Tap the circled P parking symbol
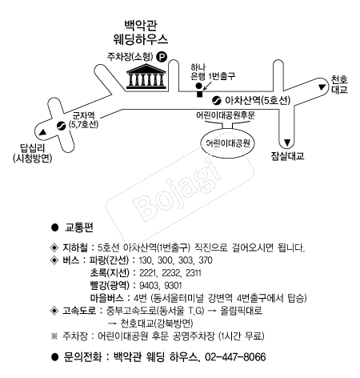pyautogui.click(x=162, y=57)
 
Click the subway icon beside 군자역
pyautogui.click(x=61, y=124)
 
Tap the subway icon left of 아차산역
pyautogui.click(x=216, y=100)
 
